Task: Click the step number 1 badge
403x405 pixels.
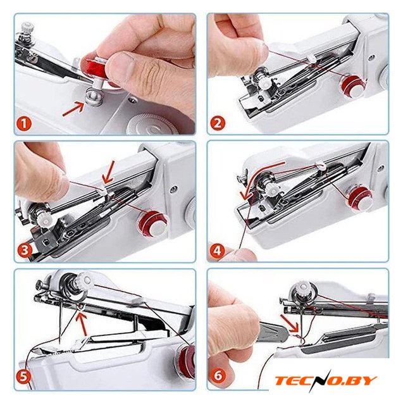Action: coord(24,123)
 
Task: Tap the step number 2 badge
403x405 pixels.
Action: coord(218,123)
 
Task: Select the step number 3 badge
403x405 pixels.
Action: coord(25,250)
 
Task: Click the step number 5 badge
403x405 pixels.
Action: coord(24,377)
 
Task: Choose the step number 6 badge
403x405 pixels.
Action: coord(218,375)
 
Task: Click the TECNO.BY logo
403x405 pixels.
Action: coord(326,380)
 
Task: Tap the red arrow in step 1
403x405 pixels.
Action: coord(73,109)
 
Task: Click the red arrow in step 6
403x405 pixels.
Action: coord(288,323)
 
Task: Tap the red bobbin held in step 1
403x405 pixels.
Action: coord(94,68)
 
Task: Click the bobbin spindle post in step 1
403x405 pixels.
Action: coord(94,97)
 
